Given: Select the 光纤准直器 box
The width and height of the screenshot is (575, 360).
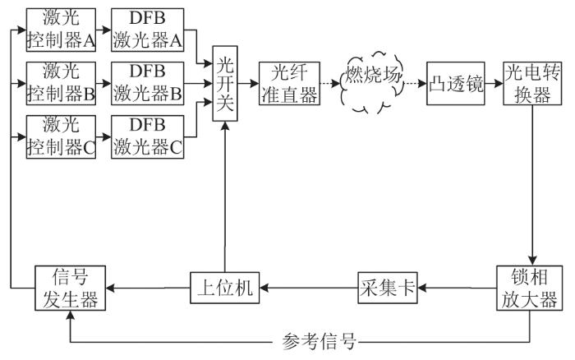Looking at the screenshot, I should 287,83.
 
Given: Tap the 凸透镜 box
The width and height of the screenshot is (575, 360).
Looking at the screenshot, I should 451,83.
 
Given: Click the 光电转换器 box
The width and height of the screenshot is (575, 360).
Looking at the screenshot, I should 531,83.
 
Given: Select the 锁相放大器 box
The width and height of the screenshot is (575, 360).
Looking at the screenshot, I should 531,288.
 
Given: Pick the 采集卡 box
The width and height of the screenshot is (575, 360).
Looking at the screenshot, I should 387,288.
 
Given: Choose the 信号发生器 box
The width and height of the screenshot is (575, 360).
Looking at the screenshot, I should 70,288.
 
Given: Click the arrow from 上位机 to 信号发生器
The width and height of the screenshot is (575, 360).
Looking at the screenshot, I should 147,288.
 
